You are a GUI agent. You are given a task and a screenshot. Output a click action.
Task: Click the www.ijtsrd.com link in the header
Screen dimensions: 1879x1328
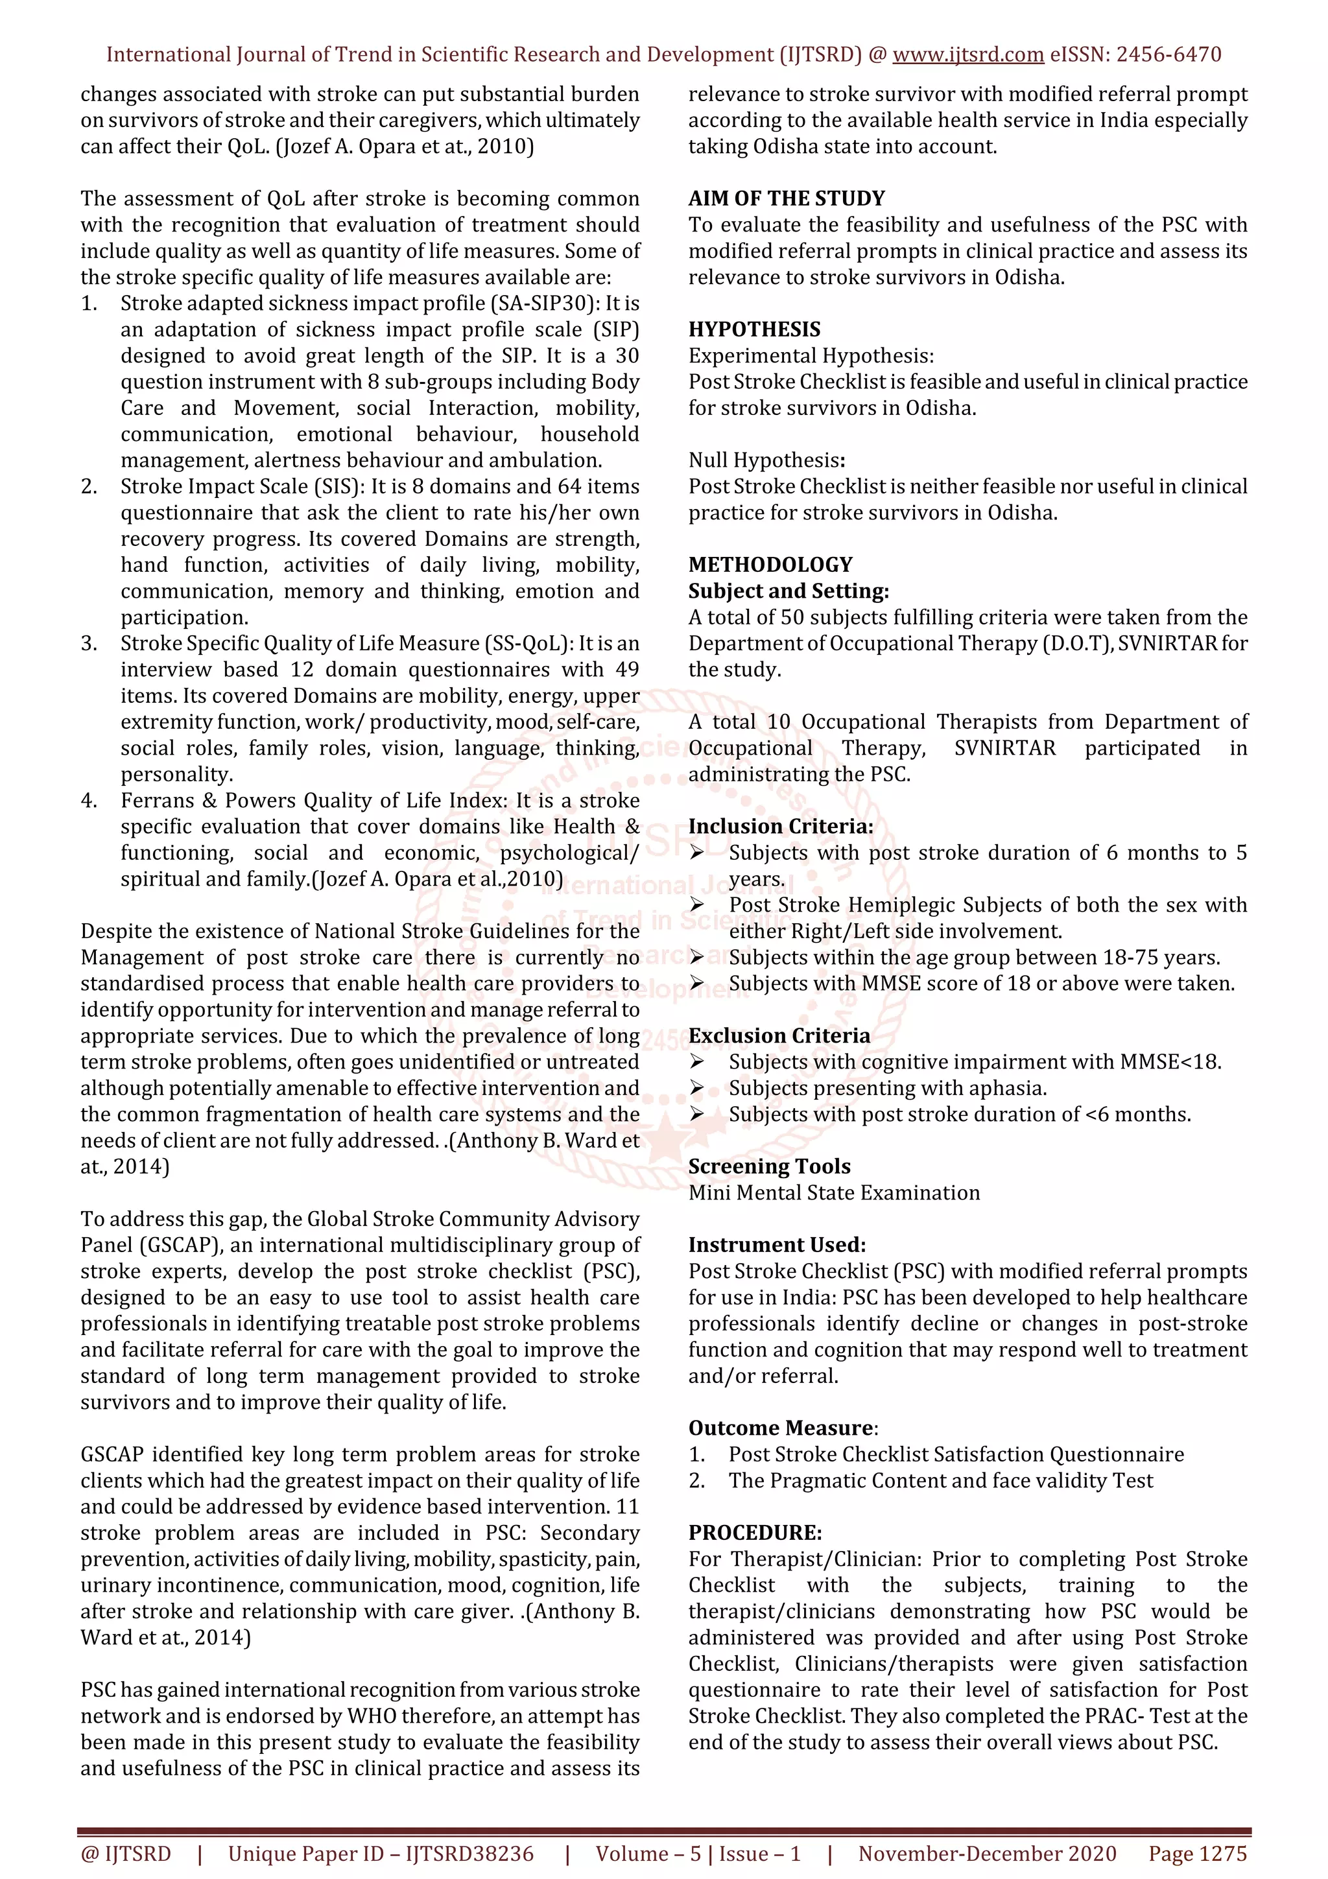[x=967, y=55]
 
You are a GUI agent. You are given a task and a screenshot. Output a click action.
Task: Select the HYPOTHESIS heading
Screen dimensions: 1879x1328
[x=753, y=330]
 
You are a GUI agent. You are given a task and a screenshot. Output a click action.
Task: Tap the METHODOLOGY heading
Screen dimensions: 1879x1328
[x=770, y=565]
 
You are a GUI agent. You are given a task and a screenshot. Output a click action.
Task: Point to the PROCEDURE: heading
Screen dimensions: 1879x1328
[x=754, y=1533]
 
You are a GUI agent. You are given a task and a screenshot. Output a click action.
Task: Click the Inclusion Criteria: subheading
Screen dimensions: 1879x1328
[x=780, y=827]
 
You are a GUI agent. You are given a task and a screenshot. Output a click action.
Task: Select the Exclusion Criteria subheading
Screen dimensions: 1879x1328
[x=779, y=1035]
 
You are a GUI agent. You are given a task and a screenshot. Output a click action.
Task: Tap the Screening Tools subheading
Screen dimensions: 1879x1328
[x=769, y=1166]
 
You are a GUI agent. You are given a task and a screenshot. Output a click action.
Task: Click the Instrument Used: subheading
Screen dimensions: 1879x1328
[x=777, y=1245]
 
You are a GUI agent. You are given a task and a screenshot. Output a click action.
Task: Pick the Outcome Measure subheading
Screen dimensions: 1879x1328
[x=781, y=1428]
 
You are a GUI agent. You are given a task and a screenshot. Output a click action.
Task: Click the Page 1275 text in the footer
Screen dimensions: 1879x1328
[x=1197, y=1854]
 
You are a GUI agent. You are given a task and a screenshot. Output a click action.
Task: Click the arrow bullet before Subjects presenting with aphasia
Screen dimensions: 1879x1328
[x=697, y=1089]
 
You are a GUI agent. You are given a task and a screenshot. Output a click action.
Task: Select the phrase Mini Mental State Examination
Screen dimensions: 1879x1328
[x=833, y=1192]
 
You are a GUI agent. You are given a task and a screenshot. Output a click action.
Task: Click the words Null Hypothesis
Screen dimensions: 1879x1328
[x=765, y=461]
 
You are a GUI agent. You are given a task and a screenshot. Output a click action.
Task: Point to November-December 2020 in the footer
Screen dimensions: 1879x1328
[x=987, y=1854]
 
